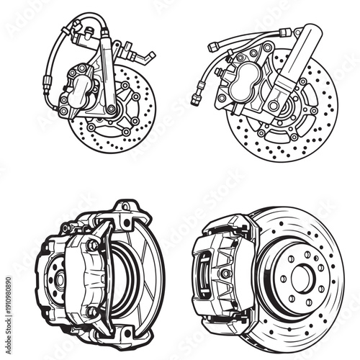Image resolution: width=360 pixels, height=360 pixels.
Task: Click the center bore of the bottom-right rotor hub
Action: (x=302, y=276)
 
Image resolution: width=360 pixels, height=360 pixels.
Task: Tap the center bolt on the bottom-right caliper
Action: (x=226, y=274)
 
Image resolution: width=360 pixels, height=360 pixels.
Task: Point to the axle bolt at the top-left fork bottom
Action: (x=112, y=109)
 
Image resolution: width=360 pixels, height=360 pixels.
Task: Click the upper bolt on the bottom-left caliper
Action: (x=93, y=245)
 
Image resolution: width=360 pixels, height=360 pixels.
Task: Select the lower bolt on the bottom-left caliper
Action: (x=92, y=311)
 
